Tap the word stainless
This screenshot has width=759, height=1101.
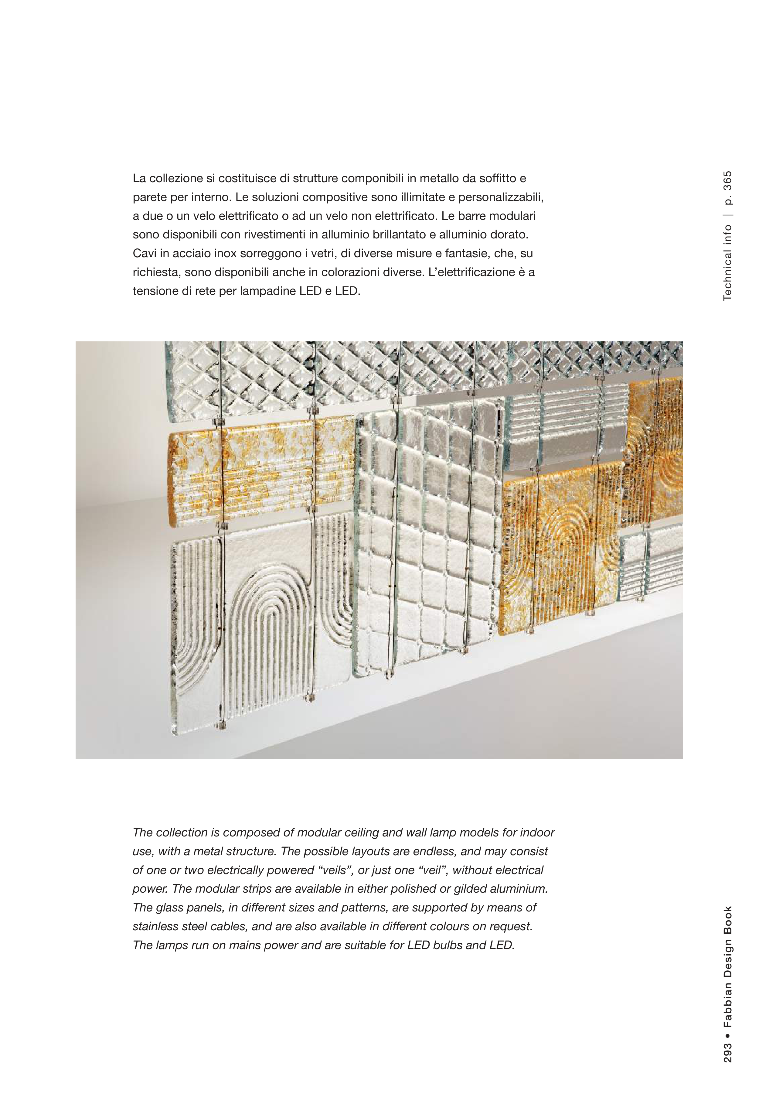[156, 926]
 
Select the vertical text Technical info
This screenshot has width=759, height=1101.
[728, 263]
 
